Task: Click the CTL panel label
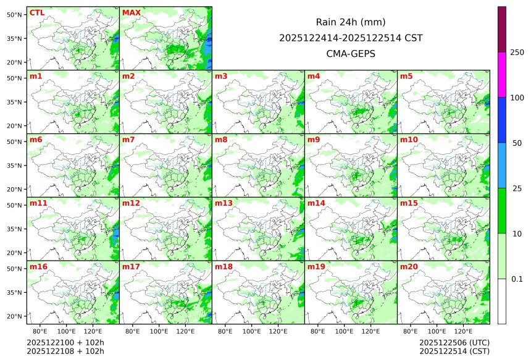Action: [x=37, y=13]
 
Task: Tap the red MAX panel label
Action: [x=132, y=13]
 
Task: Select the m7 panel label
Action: [x=128, y=140]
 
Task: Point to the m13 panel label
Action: [x=224, y=203]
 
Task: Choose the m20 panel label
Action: [x=409, y=267]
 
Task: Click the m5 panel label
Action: [x=406, y=77]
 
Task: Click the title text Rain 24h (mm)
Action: [x=351, y=22]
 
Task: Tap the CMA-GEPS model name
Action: [x=351, y=53]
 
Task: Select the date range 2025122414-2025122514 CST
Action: [x=351, y=38]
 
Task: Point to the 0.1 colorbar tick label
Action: [x=517, y=279]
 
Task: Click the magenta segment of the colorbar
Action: [x=502, y=75]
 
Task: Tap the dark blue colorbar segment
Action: [x=502, y=120]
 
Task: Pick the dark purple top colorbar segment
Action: [x=502, y=29]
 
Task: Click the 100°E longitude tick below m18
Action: [x=252, y=331]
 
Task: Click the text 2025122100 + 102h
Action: [x=65, y=343]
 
